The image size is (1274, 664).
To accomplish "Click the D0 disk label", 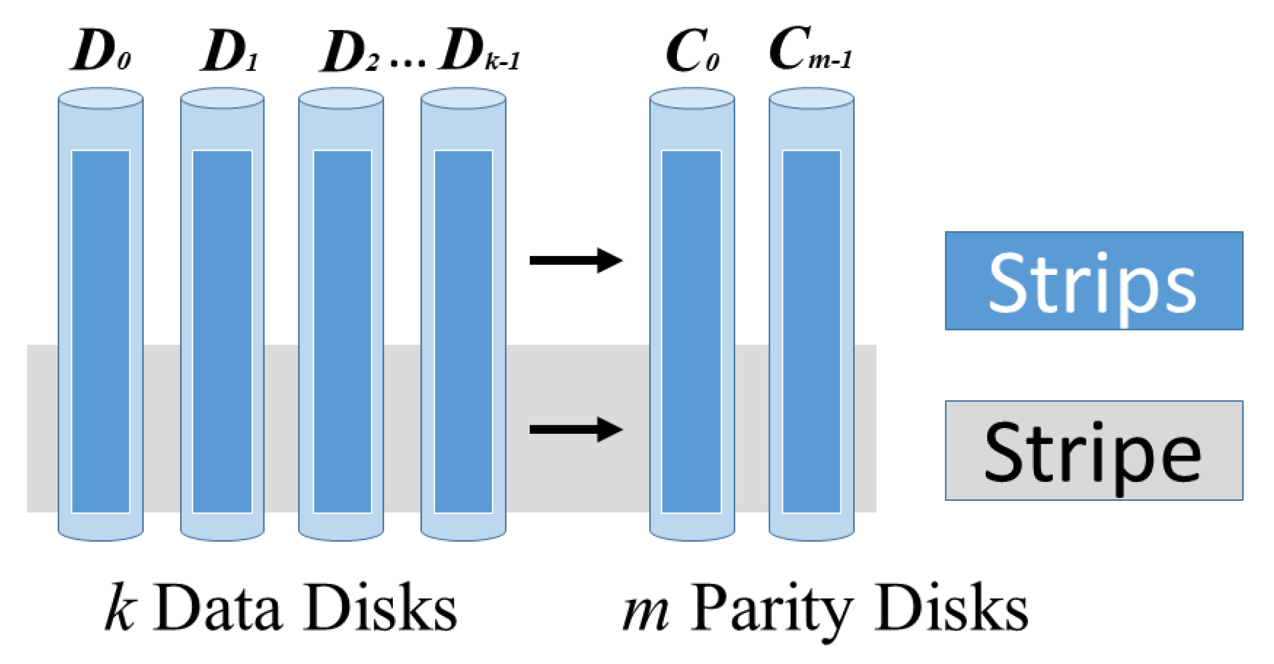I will [x=102, y=51].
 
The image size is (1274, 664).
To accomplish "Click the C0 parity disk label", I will [x=692, y=51].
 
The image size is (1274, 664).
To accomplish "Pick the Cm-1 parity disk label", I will [x=810, y=49].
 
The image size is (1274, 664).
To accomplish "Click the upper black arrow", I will [x=575, y=260].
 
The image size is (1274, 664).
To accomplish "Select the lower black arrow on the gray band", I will [x=575, y=429].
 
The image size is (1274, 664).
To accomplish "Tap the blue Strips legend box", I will [x=1093, y=281].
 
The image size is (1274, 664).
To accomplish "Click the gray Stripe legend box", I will [x=1093, y=450].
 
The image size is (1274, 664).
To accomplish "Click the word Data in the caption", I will [x=218, y=607].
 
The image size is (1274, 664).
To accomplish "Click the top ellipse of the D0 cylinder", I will [x=100, y=98].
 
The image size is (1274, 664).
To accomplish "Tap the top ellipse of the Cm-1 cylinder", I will [x=811, y=98].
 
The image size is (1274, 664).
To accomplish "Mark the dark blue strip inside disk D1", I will [x=222, y=332].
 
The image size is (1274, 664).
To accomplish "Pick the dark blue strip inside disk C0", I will [x=691, y=332].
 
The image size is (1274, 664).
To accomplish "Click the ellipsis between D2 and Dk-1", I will [x=408, y=63].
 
